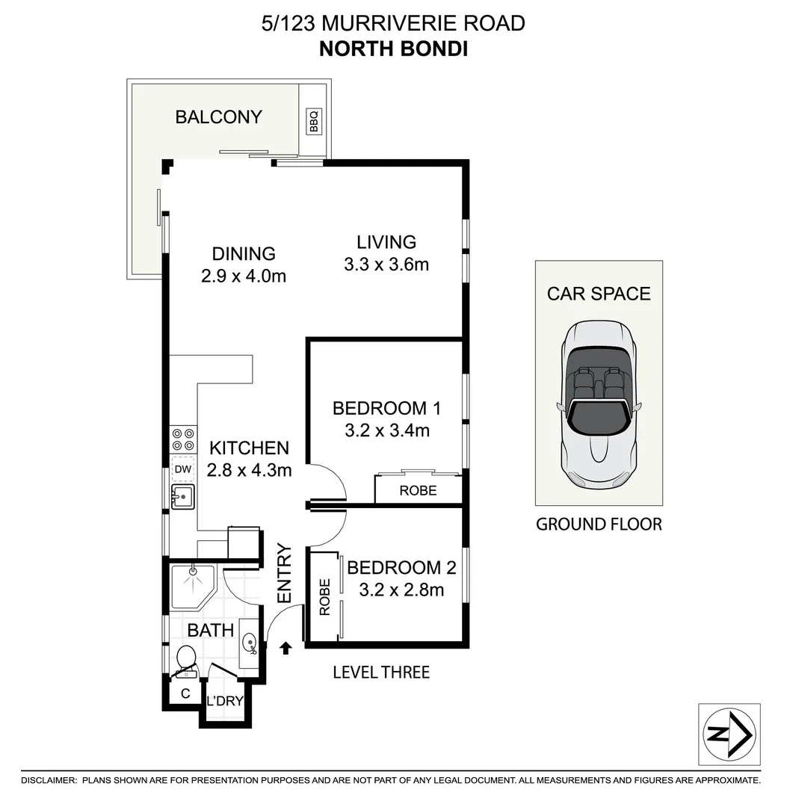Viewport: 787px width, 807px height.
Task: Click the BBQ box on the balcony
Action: pyautogui.click(x=314, y=121)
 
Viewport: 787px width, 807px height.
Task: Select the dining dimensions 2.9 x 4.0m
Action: pyautogui.click(x=244, y=276)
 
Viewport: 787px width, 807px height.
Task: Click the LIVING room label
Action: pyautogui.click(x=386, y=242)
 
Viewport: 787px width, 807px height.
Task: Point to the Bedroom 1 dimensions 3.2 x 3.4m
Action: pyautogui.click(x=386, y=430)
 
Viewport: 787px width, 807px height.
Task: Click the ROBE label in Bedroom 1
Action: pyautogui.click(x=418, y=491)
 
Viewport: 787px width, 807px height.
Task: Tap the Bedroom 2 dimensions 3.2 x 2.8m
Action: pyautogui.click(x=401, y=590)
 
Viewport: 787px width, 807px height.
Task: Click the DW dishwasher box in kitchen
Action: pyautogui.click(x=182, y=469)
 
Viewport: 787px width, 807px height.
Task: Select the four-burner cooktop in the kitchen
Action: pyautogui.click(x=183, y=439)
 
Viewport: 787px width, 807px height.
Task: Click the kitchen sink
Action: pyautogui.click(x=182, y=495)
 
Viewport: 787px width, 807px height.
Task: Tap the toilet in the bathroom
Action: pyautogui.click(x=185, y=661)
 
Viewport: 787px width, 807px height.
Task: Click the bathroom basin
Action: pyautogui.click(x=250, y=641)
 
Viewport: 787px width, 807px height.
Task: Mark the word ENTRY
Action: pyautogui.click(x=285, y=574)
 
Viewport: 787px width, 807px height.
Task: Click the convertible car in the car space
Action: pyautogui.click(x=598, y=403)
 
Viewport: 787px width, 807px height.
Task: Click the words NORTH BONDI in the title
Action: pyautogui.click(x=393, y=49)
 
